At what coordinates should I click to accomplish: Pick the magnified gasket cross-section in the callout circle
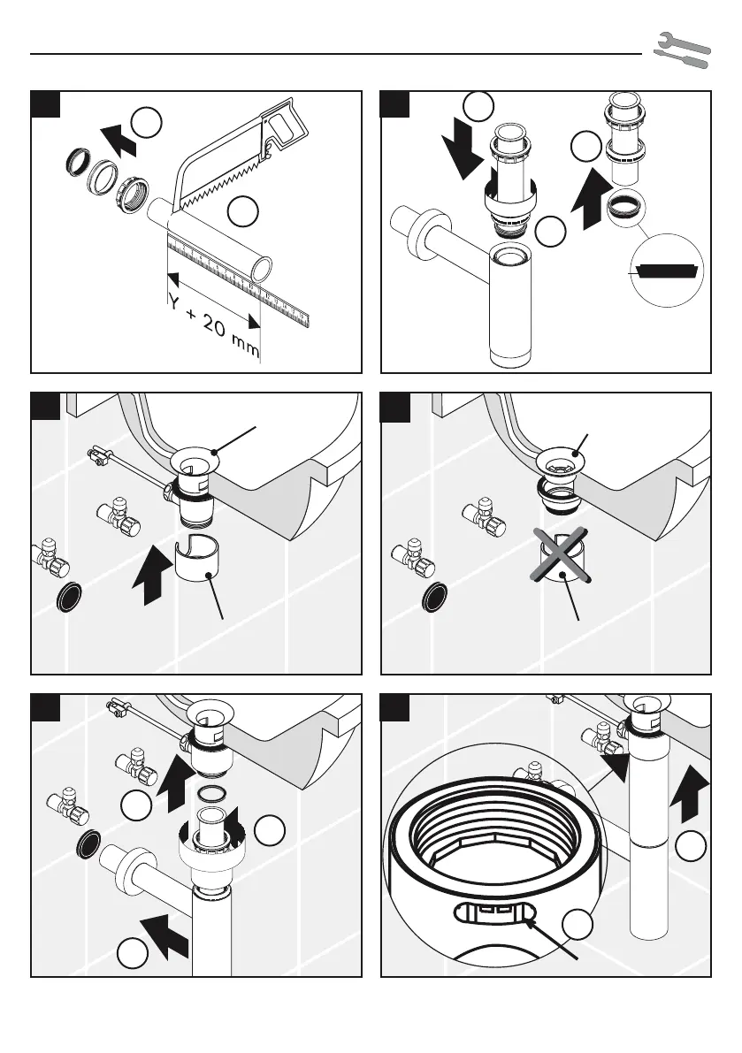click(669, 269)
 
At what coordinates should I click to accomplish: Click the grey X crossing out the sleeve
click(556, 559)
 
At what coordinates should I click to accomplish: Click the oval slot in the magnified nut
click(495, 913)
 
